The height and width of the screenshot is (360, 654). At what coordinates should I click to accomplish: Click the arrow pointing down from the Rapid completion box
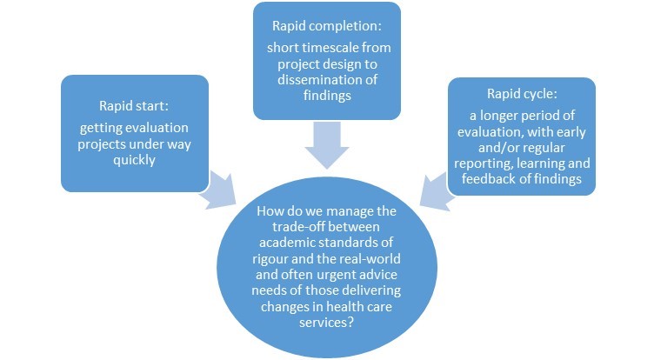326,144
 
